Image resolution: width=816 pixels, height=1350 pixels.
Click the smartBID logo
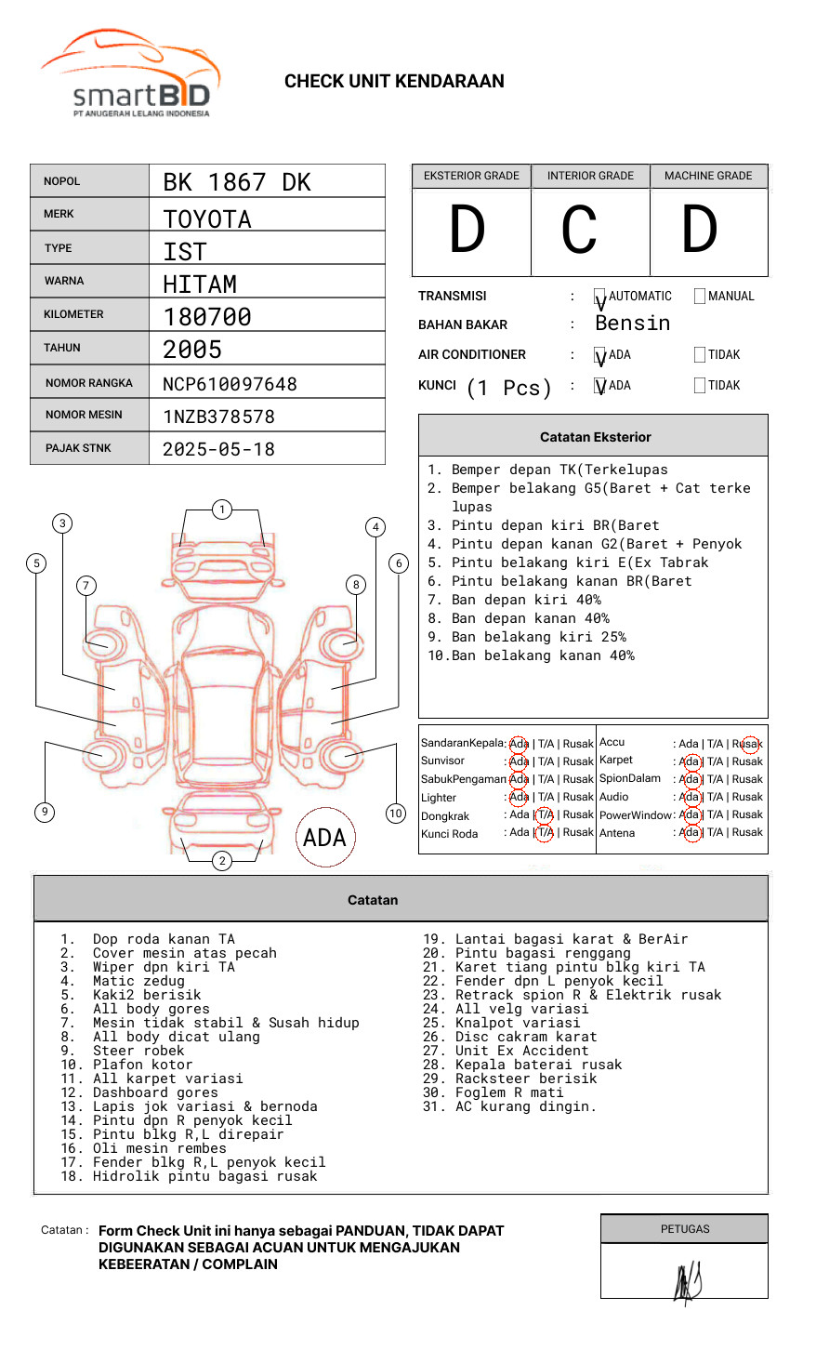130,75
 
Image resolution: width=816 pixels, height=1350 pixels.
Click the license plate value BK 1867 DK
237,182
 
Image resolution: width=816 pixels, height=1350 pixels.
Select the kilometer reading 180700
207,317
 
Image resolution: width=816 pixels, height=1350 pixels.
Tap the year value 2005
192,350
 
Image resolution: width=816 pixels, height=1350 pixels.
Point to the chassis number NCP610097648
230,384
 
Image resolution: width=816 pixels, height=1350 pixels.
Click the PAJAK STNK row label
78,448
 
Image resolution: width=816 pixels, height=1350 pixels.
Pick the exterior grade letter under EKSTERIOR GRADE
467,230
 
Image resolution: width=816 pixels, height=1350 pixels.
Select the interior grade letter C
579,230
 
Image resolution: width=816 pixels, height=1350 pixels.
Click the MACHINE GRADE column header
708,176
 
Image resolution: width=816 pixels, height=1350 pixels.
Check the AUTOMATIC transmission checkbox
600,297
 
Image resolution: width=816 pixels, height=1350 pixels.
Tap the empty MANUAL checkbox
700,297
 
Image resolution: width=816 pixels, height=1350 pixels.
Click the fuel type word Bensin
632,324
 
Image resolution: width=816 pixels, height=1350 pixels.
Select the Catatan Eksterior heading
595,437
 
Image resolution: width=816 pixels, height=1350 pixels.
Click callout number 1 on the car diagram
221,509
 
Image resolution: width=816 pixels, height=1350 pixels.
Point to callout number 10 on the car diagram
396,814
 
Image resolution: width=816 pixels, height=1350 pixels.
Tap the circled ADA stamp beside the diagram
324,838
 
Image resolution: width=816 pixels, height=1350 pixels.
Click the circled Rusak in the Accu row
748,744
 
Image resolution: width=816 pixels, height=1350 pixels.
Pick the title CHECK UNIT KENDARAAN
394,82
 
